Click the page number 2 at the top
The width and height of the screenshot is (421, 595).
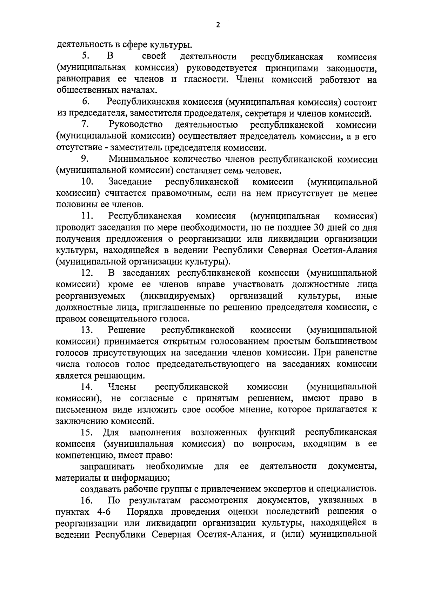(218, 25)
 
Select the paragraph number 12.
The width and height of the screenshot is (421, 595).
(87, 273)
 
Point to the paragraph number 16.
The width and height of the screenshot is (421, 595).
(86, 500)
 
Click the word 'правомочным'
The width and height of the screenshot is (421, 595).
(182, 193)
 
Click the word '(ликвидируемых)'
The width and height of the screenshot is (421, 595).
(177, 296)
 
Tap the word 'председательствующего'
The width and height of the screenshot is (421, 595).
(208, 364)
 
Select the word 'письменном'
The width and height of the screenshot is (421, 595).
(79, 409)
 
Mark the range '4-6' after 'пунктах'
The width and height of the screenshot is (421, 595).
(102, 512)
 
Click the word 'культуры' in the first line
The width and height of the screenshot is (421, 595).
(171, 45)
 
